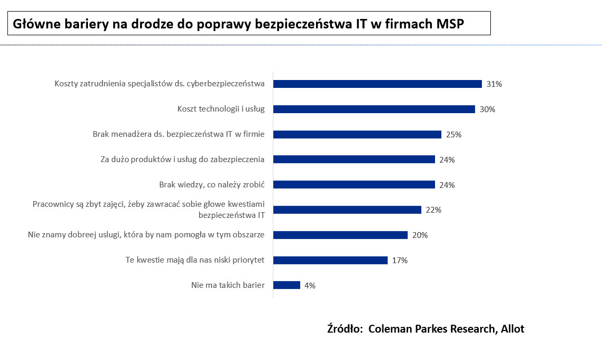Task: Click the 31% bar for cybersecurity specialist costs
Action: point(377,84)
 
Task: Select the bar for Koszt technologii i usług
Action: point(374,109)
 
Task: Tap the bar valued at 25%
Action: point(357,134)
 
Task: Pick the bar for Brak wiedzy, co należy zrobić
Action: point(354,185)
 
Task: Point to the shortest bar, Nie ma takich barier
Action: point(287,285)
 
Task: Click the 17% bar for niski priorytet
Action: point(330,260)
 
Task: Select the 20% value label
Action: point(420,235)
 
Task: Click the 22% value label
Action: point(433,210)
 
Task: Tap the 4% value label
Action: point(310,286)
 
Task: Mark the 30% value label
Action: point(488,109)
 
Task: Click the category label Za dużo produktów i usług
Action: point(182,159)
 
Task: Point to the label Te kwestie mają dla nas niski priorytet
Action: point(195,260)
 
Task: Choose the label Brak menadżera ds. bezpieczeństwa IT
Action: point(179,134)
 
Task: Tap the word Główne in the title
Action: point(33,24)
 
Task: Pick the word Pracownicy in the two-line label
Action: point(52,204)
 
